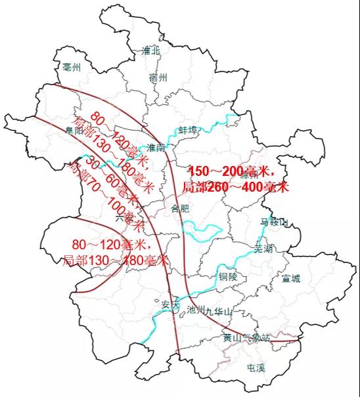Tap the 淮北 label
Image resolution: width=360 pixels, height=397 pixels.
tap(151, 50)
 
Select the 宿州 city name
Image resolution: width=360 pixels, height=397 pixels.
tap(158, 77)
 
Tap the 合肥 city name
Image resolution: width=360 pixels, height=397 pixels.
tap(179, 209)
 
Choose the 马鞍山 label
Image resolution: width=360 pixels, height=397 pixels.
tap(275, 222)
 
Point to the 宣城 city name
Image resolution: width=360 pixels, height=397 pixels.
tap(290, 278)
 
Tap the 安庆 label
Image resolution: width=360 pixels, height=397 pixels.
tap(169, 305)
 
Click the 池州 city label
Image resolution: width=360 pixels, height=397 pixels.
tap(196, 310)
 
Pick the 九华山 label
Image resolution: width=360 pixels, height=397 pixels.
tap(219, 313)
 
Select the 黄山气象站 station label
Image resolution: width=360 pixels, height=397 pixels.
tap(246, 338)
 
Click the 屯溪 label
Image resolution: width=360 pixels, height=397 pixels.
tap(255, 367)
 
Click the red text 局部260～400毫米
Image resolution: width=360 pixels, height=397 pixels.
tap(235, 187)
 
